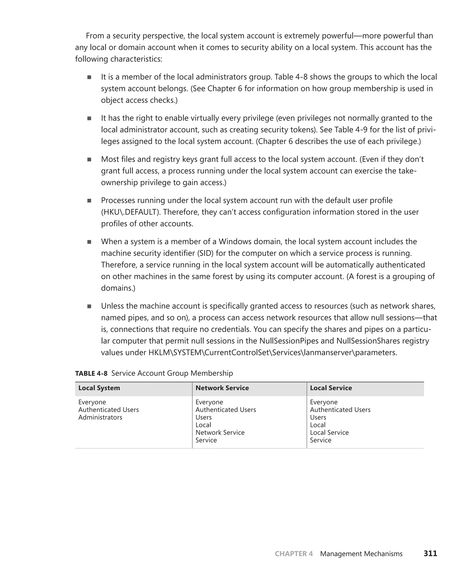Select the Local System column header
[x=99, y=388]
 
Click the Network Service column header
[x=222, y=388]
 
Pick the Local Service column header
[x=331, y=388]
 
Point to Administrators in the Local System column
[x=100, y=417]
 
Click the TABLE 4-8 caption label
[x=91, y=373]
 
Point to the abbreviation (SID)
[x=205, y=253]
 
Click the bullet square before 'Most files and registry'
[x=89, y=160]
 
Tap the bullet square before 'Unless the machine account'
[x=89, y=306]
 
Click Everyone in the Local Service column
[x=324, y=402]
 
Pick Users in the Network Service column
[x=204, y=417]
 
